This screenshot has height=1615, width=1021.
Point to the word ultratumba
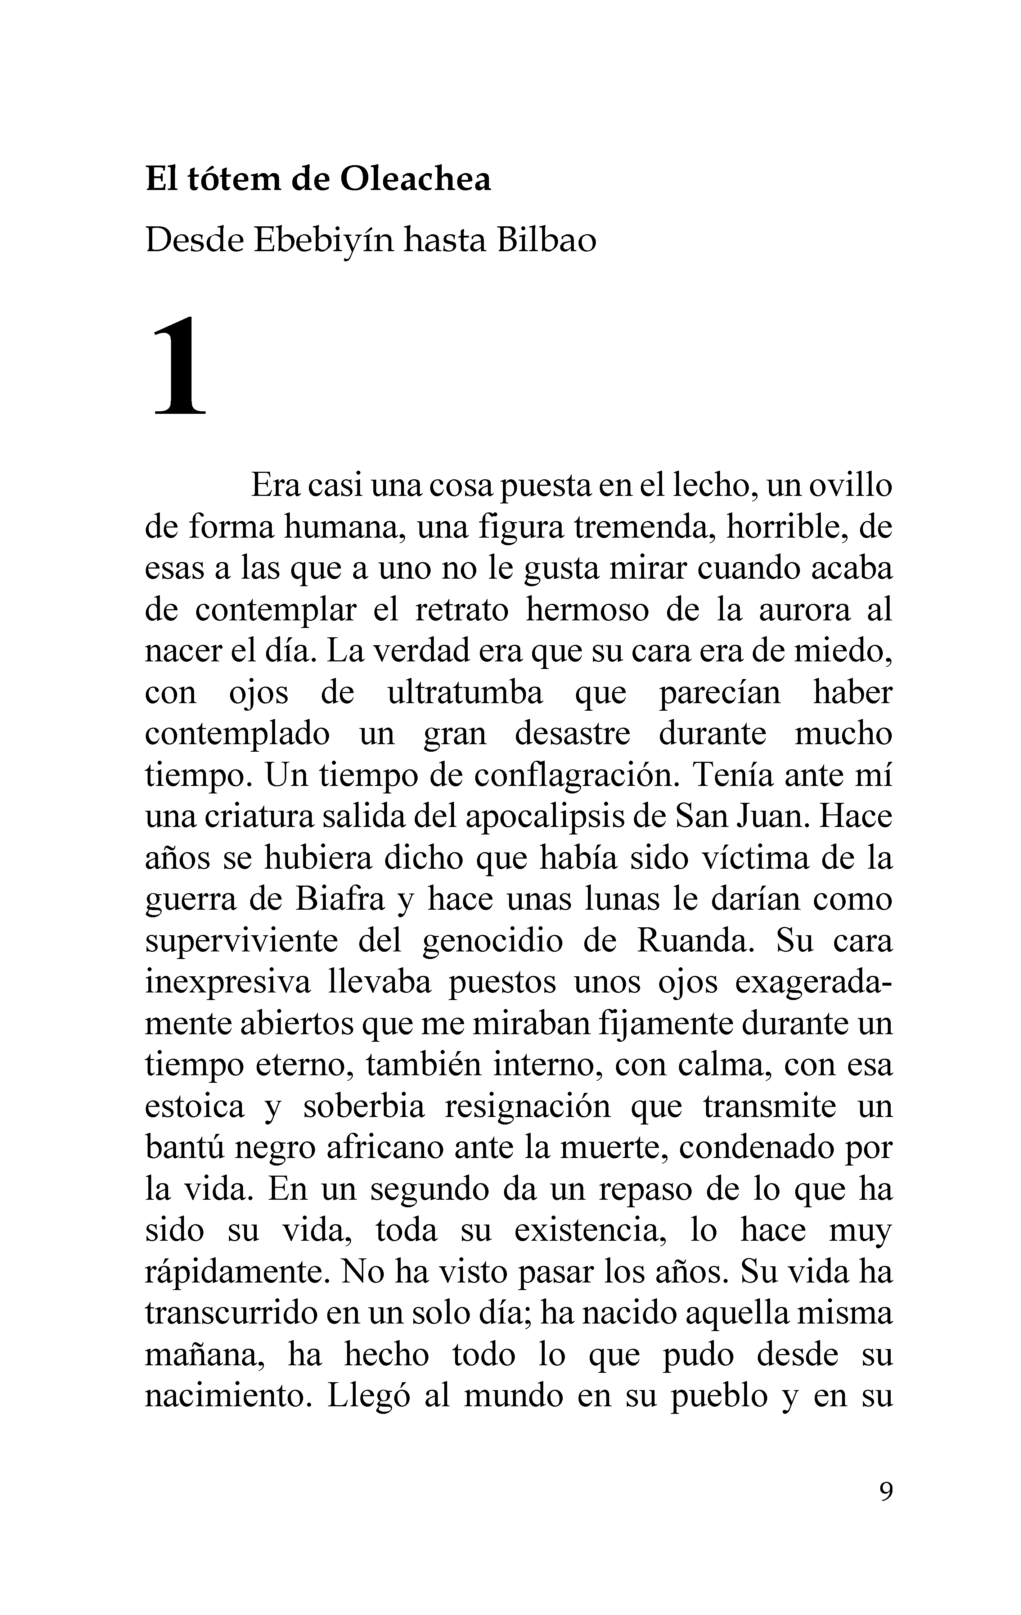click(x=465, y=693)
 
